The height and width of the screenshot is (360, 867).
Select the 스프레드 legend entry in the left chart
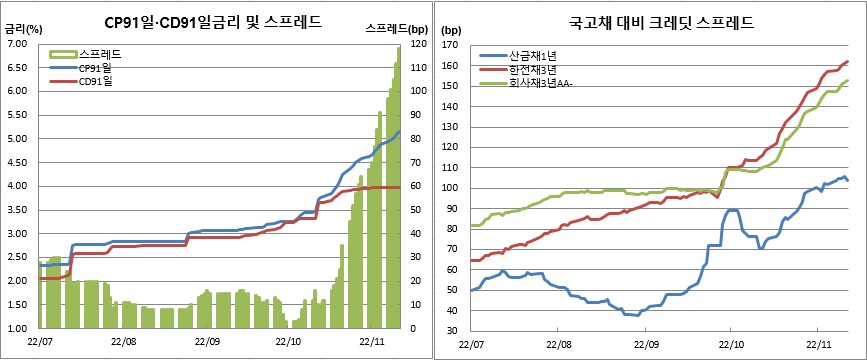pyautogui.click(x=97, y=53)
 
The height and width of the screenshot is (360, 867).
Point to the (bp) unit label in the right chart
pyautogui.click(x=452, y=31)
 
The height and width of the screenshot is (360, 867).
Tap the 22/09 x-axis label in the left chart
pyautogui.click(x=208, y=342)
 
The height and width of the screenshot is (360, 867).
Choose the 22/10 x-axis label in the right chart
pyautogui.click(x=729, y=342)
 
